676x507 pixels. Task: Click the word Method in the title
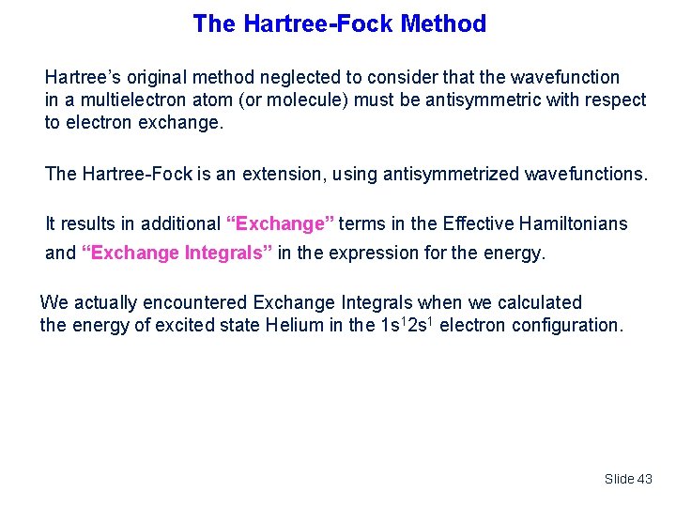point(443,23)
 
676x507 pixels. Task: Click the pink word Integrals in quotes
point(227,253)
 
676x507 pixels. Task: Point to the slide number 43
point(643,479)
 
